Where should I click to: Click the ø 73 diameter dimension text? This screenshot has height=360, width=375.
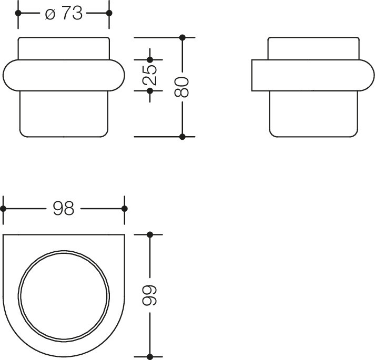64,13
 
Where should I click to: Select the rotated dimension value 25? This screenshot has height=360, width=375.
150,75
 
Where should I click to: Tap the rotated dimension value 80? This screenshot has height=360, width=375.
182,87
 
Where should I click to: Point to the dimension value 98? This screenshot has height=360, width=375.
64,209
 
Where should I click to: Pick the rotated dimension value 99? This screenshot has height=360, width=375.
150,295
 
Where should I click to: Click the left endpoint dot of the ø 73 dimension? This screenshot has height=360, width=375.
18,13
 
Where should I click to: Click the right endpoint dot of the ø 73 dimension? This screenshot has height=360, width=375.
109,13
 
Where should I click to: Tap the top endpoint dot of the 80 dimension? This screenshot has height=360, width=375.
182,37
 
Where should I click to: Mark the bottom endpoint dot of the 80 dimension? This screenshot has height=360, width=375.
182,137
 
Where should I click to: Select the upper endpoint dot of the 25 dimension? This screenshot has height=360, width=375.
150,59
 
